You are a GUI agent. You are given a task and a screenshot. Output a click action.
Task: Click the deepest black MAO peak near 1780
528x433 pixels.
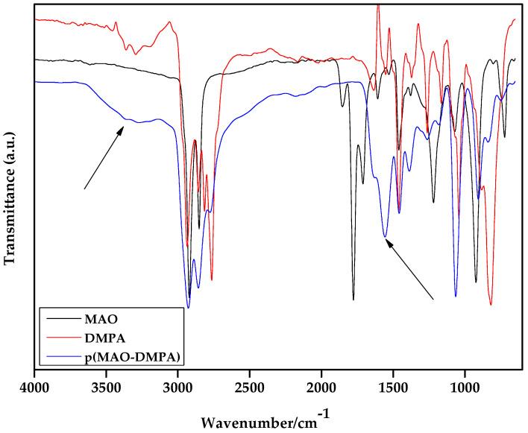pos(353,299)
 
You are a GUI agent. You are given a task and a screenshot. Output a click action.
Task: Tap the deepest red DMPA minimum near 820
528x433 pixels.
pos(491,304)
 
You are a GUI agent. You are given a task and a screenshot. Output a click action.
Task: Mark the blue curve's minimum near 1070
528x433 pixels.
pos(456,297)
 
